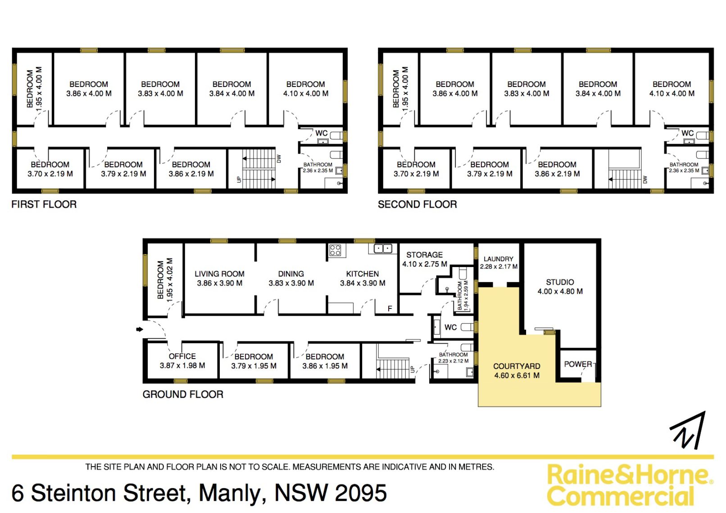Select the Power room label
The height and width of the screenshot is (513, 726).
pyautogui.click(x=578, y=364)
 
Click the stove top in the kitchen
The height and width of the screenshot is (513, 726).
pyautogui.click(x=335, y=250)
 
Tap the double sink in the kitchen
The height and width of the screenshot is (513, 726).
pyautogui.click(x=383, y=249)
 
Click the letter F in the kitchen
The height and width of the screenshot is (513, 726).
pyautogui.click(x=390, y=309)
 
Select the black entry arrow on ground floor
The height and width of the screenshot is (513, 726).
pyautogui.click(x=139, y=329)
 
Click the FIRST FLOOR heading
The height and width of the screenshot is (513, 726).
pyautogui.click(x=44, y=204)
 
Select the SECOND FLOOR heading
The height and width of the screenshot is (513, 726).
pyautogui.click(x=417, y=204)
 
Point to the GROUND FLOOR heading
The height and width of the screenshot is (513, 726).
pyautogui.click(x=183, y=394)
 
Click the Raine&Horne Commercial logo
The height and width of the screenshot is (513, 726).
pyautogui.click(x=630, y=485)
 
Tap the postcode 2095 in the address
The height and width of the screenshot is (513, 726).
pyautogui.click(x=361, y=493)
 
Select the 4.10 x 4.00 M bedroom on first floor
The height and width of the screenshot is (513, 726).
pyautogui.click(x=306, y=89)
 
